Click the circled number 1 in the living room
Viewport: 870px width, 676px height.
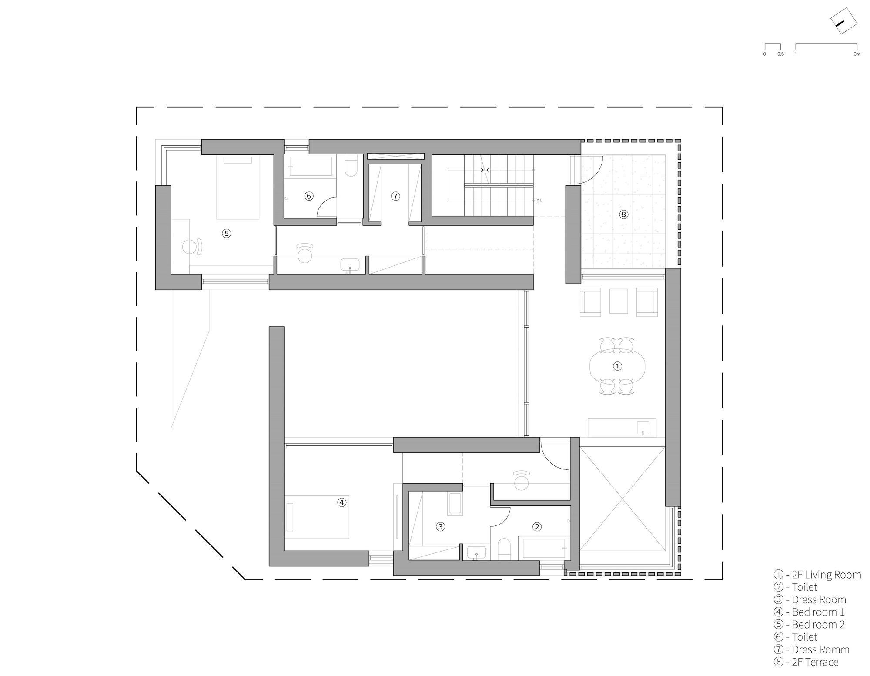pos(617,366)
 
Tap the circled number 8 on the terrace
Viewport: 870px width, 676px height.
pos(624,214)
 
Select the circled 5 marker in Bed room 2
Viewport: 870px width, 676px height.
pos(226,233)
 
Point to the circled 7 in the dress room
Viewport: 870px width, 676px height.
pos(395,196)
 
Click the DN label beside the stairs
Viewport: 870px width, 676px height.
pos(539,201)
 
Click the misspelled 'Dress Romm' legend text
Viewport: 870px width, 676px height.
pos(820,649)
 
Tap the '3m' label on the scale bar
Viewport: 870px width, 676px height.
pos(857,54)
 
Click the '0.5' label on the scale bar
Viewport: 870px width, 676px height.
pos(780,54)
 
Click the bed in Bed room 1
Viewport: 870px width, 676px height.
pos(317,517)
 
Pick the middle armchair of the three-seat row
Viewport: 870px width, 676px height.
pos(618,301)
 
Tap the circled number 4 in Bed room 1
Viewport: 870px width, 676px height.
pos(341,502)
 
